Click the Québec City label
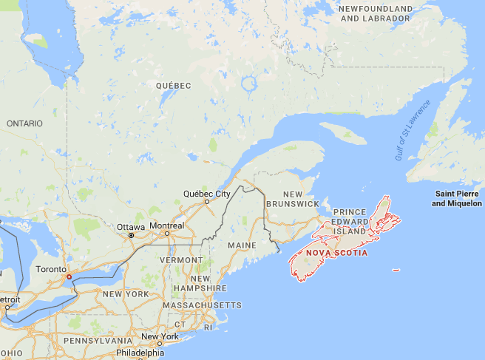[203, 194]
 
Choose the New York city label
[160, 337]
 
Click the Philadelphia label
[138, 353]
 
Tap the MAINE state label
[242, 245]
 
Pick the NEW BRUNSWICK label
[292, 197]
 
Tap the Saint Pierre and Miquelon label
[458, 199]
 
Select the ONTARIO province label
[24, 123]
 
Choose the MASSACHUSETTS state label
[201, 305]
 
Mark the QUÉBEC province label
[174, 86]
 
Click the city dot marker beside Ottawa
[131, 235]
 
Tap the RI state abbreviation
[208, 325]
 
